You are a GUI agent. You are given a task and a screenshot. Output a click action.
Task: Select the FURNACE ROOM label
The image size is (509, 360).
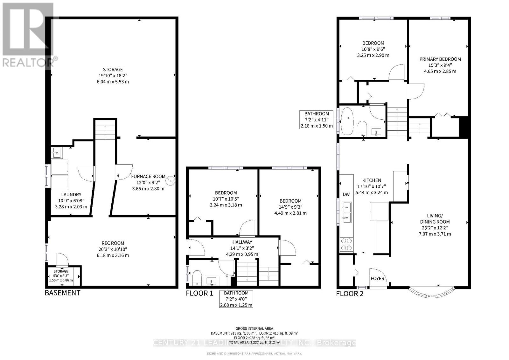pyautogui.click(x=148, y=177)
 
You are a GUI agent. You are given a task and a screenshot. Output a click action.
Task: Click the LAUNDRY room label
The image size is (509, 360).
pyautogui.click(x=71, y=195)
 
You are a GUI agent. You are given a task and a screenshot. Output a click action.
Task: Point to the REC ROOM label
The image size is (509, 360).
pyautogui.click(x=114, y=243)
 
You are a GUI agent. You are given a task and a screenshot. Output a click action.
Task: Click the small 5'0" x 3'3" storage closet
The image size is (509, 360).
pyautogui.click(x=61, y=276)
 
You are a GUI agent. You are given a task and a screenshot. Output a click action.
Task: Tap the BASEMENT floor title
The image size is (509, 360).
pyautogui.click(x=62, y=293)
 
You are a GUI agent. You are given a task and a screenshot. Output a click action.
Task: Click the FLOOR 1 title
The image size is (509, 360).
pyautogui.click(x=199, y=293)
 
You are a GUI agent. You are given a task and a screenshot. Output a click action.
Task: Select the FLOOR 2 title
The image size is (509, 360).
pyautogui.click(x=350, y=294)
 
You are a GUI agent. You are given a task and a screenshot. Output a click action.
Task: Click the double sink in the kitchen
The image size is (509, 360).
pyautogui.click(x=346, y=212)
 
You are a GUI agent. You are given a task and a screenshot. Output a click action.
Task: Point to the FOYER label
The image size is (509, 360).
pyautogui.click(x=378, y=279)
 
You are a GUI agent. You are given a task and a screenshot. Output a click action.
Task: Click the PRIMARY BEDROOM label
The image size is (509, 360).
pyautogui.click(x=440, y=59)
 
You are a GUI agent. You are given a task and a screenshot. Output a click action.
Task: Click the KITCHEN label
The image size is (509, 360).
pyautogui.click(x=371, y=180)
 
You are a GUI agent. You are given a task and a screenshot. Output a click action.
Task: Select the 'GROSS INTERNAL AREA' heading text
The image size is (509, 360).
pyautogui.click(x=254, y=329)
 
